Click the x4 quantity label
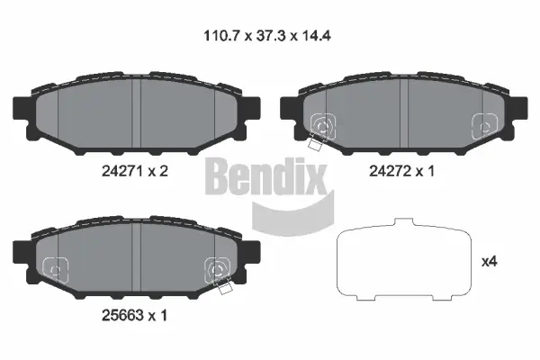(490, 262)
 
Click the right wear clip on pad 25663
(218, 269)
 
